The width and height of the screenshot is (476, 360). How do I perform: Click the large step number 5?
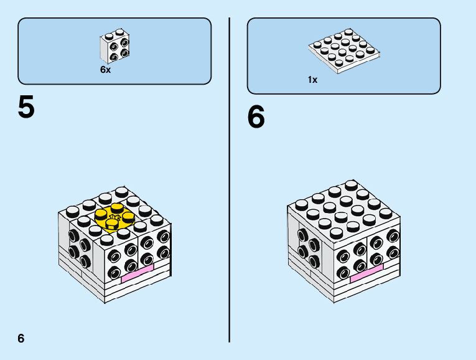tap(26, 107)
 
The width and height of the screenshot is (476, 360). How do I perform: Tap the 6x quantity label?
tap(105, 70)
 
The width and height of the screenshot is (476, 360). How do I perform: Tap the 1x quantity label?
tap(312, 80)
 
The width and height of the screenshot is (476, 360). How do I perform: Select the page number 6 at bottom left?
tap(21, 338)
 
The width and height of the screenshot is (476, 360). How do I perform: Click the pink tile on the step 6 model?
tap(366, 274)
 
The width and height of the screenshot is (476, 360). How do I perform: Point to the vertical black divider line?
tap(230, 181)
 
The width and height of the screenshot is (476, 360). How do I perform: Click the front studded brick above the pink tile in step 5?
tap(121, 255)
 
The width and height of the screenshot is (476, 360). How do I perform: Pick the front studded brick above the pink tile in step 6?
tap(352, 257)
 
